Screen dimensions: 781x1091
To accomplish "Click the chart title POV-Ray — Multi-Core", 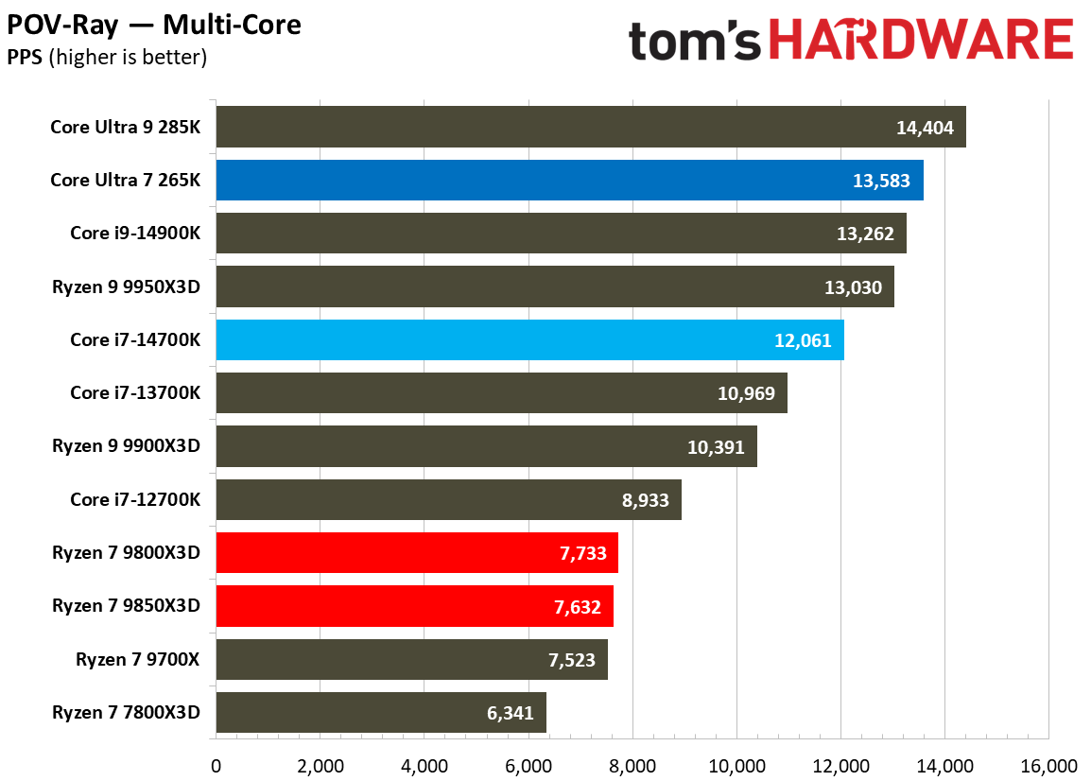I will (x=154, y=25).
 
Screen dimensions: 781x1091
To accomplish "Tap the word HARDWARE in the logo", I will (x=923, y=42).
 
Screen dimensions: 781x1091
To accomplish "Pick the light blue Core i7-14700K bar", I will (x=529, y=339).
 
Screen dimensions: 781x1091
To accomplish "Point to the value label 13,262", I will (x=864, y=234).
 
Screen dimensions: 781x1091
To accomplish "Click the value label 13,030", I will (x=853, y=286).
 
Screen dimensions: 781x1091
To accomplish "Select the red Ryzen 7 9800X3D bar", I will (x=416, y=552).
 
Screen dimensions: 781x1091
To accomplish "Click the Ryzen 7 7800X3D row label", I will (x=126, y=712).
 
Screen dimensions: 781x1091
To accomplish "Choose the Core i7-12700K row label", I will (x=134, y=499).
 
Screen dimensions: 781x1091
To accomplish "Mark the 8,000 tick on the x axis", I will (x=632, y=765).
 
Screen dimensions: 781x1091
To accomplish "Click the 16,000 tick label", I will (x=1048, y=765).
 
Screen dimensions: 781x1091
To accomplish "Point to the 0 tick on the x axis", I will (x=216, y=765).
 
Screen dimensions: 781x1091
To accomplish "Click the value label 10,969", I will (x=746, y=393).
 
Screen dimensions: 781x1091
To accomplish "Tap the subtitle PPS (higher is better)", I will (x=107, y=58).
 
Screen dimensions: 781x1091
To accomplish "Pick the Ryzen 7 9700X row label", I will (x=137, y=659).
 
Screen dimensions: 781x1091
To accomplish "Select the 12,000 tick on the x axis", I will (x=840, y=765).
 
